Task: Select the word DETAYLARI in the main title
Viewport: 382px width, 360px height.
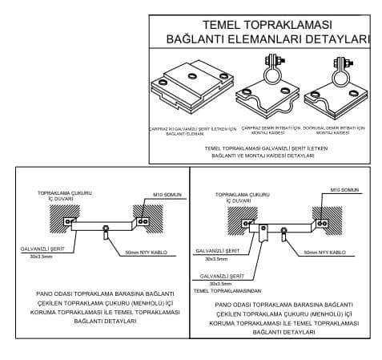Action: pos(340,39)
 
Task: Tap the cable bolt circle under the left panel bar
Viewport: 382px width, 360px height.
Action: pos(106,233)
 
